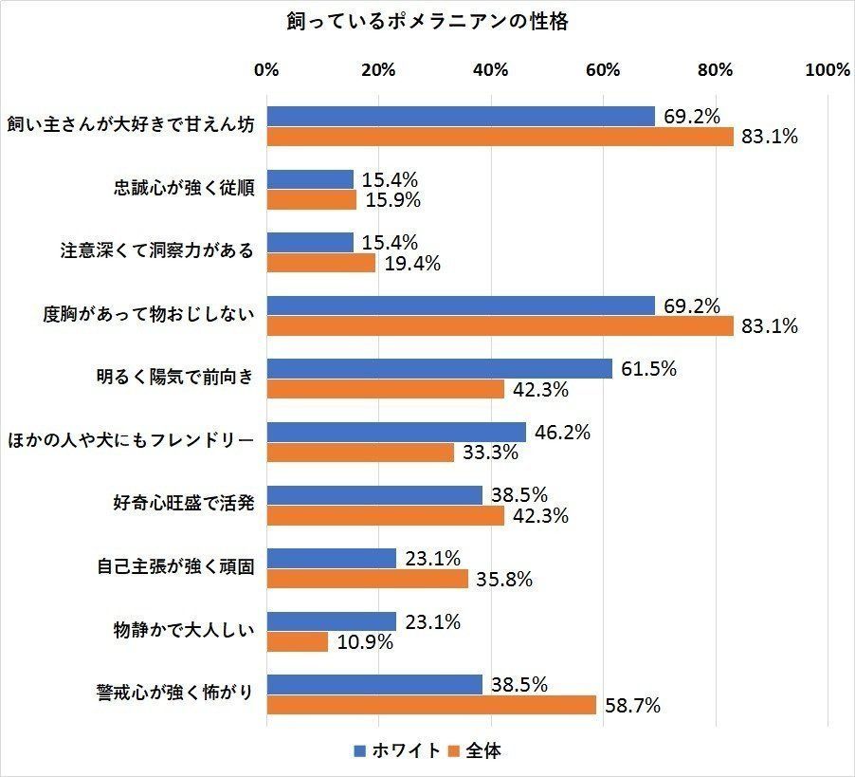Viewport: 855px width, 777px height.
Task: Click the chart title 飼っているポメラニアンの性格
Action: (x=427, y=22)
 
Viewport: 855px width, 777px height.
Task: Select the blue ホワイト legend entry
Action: (x=397, y=750)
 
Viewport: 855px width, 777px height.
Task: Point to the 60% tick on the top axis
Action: (x=603, y=70)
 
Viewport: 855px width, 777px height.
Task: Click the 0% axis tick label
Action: (x=267, y=70)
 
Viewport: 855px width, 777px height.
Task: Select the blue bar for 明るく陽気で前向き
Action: (x=440, y=369)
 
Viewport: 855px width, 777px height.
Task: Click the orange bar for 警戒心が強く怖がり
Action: (x=431, y=705)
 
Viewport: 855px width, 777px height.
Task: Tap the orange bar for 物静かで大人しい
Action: (x=298, y=642)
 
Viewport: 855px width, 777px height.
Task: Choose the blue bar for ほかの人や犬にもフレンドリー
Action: (x=396, y=433)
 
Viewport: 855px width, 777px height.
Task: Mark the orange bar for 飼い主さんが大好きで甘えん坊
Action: (x=500, y=137)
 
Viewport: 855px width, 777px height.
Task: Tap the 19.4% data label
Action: (x=411, y=264)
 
